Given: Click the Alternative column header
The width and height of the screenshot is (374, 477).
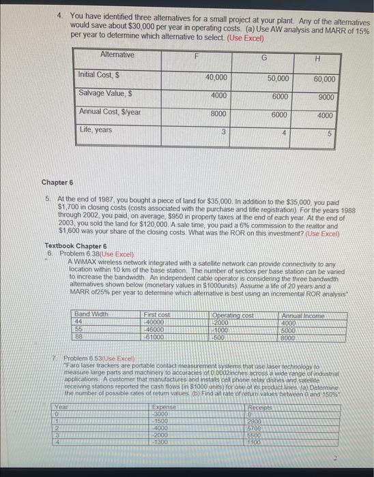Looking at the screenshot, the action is pos(117,55).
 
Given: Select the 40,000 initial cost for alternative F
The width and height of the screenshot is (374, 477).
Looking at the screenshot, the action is pos(216,78).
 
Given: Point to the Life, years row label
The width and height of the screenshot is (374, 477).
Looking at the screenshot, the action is pos(96,129).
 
